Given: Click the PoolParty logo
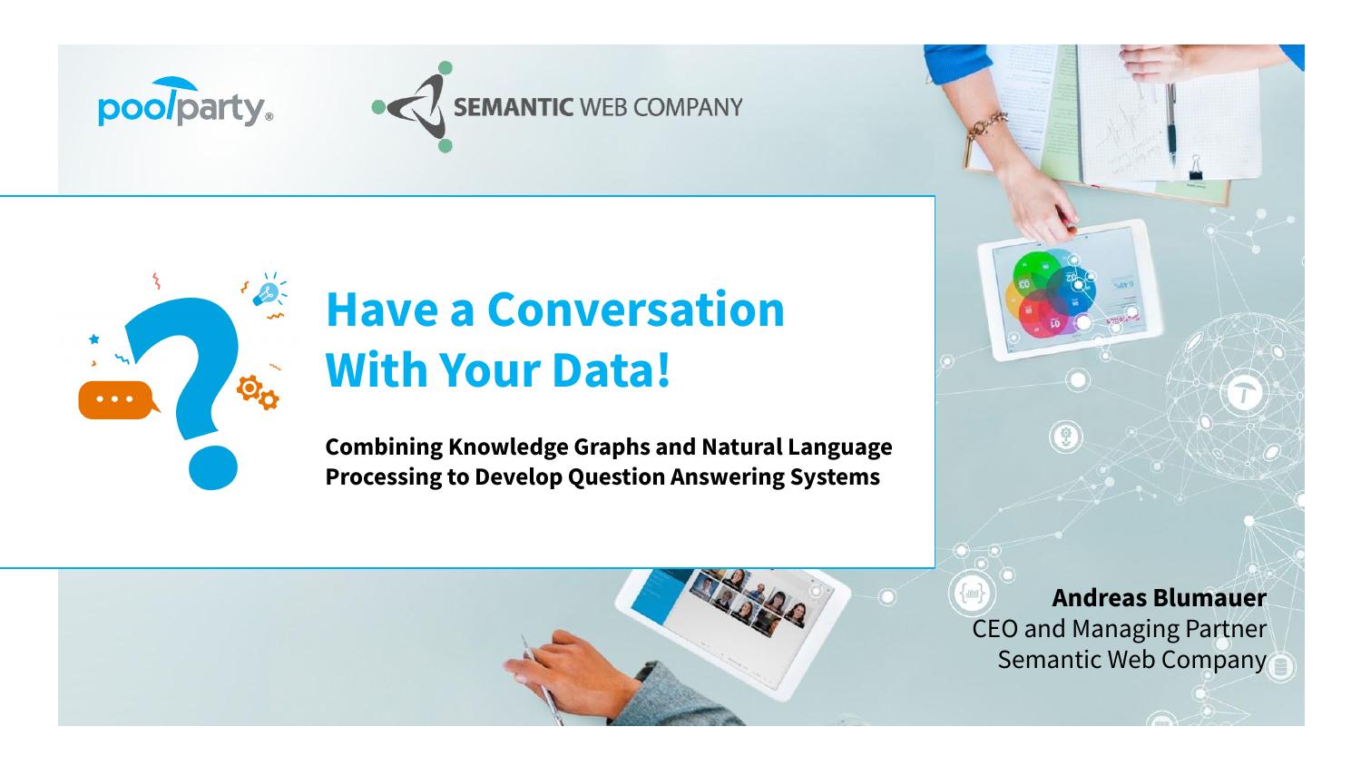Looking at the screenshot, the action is (x=185, y=103).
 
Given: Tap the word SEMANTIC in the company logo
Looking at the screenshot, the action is (x=514, y=107).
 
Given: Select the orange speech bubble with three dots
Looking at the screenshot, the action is (x=118, y=399).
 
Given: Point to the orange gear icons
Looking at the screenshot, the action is (x=258, y=392).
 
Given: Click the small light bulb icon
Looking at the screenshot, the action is (x=269, y=291).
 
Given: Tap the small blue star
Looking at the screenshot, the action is (x=93, y=339).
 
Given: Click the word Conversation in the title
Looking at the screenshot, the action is (x=635, y=309).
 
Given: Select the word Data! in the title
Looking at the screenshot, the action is (x=612, y=369).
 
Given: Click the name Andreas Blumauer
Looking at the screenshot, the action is (x=1160, y=597).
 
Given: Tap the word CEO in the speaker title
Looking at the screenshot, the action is (x=994, y=629).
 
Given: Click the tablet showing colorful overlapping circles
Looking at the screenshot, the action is (x=1070, y=290).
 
